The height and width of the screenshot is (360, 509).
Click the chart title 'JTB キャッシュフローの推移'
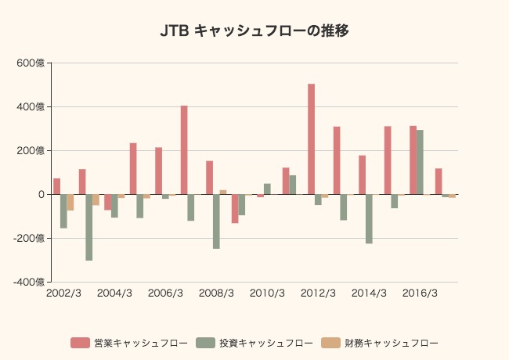click(x=254, y=31)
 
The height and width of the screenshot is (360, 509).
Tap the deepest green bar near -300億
click(x=89, y=227)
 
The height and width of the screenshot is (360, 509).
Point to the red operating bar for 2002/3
click(x=56, y=186)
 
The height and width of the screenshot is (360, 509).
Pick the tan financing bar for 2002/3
click(x=70, y=202)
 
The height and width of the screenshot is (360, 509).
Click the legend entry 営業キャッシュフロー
click(x=129, y=343)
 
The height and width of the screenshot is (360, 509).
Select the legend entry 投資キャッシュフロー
click(x=254, y=343)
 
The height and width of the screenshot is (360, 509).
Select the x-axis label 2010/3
click(x=267, y=293)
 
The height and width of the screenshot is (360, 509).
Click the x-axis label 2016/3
click(x=420, y=293)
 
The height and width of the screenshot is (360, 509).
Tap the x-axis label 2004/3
click(x=114, y=293)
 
